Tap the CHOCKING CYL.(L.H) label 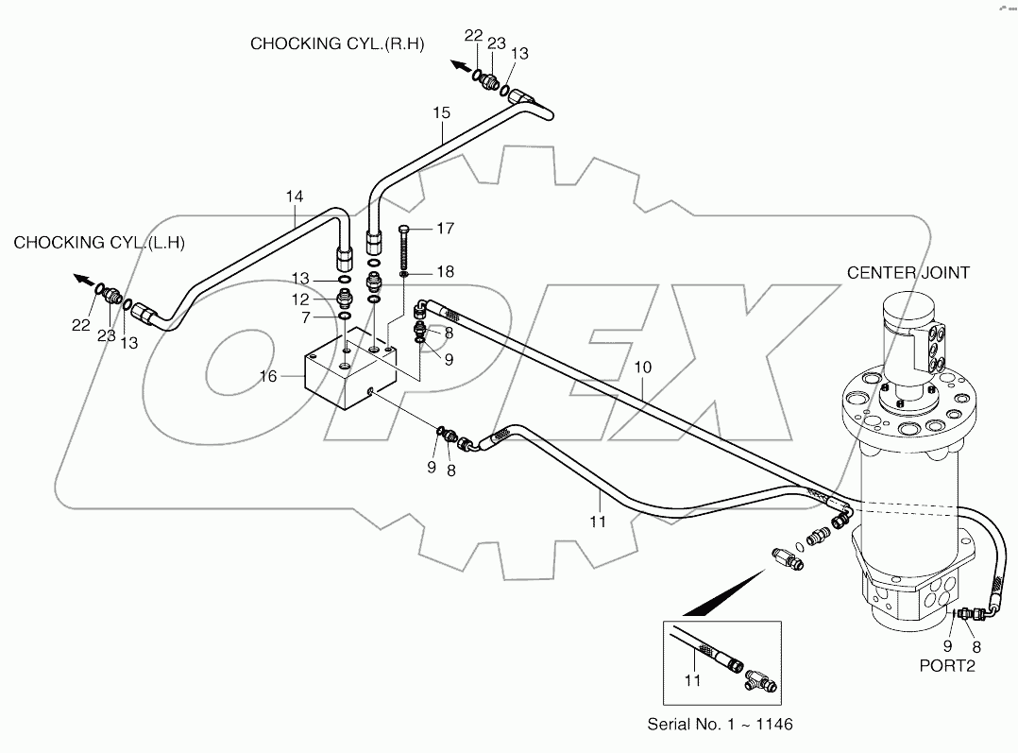[98, 243]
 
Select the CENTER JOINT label [908, 273]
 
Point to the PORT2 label [947, 665]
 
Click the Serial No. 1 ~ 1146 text [720, 725]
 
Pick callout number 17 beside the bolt [445, 228]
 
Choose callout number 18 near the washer [445, 272]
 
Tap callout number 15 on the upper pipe [442, 112]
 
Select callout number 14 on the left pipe [296, 197]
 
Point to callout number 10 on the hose [642, 365]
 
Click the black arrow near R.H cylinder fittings [459, 66]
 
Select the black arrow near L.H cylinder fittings [83, 281]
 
